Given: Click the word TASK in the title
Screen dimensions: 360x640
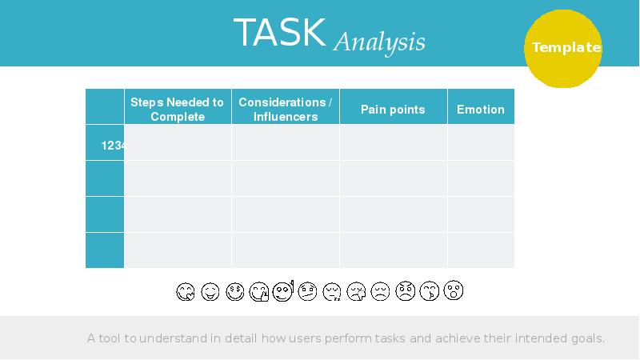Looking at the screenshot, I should pos(279,34).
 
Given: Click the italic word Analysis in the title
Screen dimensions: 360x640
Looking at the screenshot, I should pos(379,42).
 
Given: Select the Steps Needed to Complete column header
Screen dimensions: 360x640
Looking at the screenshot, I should pos(178,110).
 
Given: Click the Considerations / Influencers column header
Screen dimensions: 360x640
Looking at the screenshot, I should pos(286,110).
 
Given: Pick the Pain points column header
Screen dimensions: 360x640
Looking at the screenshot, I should pos(393,110).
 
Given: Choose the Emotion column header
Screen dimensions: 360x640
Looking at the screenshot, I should pos(480,110).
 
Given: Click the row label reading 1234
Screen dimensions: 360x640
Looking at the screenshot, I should pos(112,146).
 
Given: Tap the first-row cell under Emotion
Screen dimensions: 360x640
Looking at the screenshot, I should pos(480,142).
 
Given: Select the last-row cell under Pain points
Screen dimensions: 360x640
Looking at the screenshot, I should pos(393,250).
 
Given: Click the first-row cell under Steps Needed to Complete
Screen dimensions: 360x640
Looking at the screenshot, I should pos(178,142).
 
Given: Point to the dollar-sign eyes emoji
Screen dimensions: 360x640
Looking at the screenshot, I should pos(234,292).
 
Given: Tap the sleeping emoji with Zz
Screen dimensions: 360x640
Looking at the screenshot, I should pos(332,292).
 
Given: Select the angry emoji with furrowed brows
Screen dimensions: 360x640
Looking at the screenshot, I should pos(405,292).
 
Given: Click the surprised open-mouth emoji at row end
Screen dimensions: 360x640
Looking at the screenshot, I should pos(454,291).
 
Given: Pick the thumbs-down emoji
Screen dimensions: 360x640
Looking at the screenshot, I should pos(357,292).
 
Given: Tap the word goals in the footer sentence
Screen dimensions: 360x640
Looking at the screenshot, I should pos(583,338).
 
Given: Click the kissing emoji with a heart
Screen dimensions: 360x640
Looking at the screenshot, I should pos(430,292).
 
